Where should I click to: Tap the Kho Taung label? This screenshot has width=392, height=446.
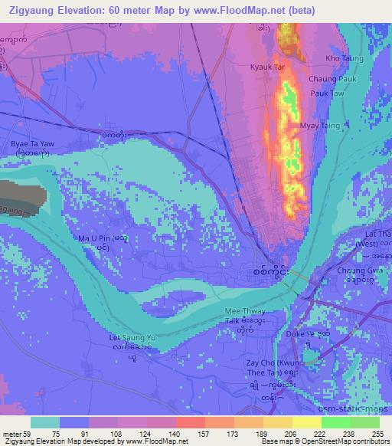[344, 58]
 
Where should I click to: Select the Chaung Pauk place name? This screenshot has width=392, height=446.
[332, 78]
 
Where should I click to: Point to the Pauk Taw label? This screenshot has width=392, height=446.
[326, 93]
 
